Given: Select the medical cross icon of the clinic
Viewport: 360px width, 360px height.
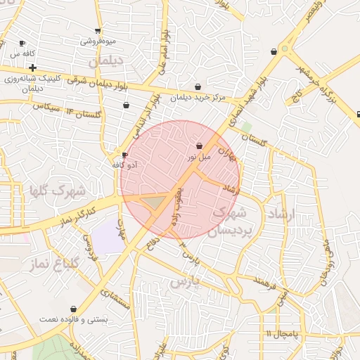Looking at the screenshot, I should [33, 67].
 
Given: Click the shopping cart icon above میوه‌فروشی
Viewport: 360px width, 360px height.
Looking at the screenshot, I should [98, 31].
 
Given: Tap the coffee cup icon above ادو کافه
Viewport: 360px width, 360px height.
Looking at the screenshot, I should [125, 155].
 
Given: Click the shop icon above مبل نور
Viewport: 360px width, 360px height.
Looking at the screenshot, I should [200, 146].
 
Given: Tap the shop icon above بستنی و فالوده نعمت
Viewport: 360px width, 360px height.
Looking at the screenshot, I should [74, 309].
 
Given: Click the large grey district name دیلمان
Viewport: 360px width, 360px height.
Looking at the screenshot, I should [105, 61].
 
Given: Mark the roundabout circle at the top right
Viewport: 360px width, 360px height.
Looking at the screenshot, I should [285, 49].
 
